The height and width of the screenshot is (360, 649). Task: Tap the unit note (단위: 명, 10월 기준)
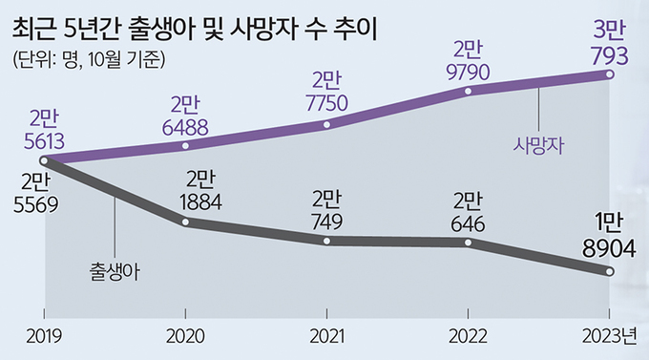point(91,59)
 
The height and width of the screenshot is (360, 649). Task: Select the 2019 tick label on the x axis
point(44,338)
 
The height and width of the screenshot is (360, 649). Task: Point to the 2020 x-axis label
point(186,338)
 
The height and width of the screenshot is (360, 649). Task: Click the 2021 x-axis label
point(327,338)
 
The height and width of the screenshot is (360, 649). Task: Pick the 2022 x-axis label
point(469,338)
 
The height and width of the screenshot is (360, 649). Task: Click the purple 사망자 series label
point(539,145)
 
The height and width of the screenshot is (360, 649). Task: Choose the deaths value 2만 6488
point(186,115)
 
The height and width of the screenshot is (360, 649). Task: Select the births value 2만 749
point(326,209)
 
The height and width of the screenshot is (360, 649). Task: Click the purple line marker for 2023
point(610,74)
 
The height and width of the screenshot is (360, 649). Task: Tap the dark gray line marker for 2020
point(186,222)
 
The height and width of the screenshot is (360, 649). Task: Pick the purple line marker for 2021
point(327,124)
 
